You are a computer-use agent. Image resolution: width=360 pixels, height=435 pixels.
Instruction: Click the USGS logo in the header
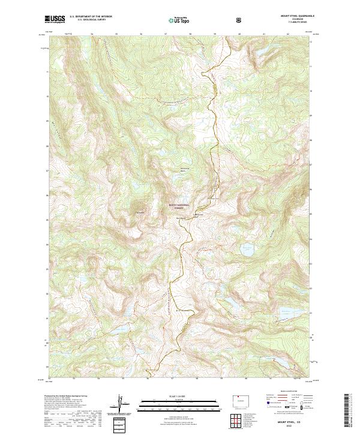[55, 20]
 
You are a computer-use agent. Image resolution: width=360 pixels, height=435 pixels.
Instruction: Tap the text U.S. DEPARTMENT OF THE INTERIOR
[91, 17]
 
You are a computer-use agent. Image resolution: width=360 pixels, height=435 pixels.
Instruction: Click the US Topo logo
[179, 20]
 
